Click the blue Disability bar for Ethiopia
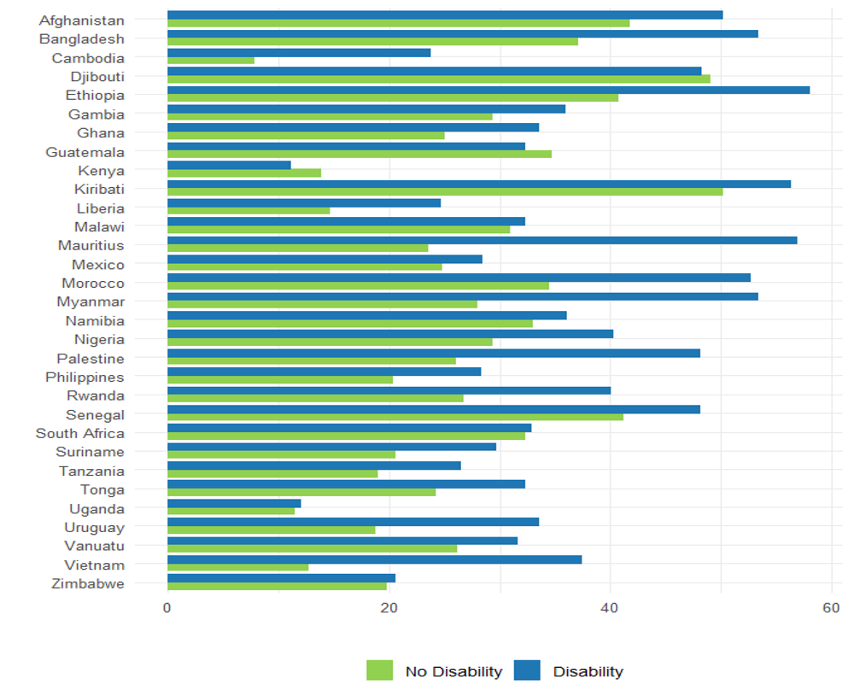coord(488,90)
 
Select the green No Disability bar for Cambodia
coord(210,61)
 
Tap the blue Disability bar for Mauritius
coord(482,240)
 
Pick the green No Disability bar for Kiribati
coord(444,192)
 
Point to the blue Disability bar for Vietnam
coord(374,559)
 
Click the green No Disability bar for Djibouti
coord(438,79)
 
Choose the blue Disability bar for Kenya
coord(229,165)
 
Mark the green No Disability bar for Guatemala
coord(359,155)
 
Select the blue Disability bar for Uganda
coord(234,503)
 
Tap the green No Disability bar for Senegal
coord(395,418)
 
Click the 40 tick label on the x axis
coord(610,607)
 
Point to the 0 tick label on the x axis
coord(167,607)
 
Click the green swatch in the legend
coord(379,670)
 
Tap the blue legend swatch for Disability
coord(528,670)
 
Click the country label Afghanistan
coord(81,20)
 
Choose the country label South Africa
coord(79,433)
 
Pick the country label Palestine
coord(90,359)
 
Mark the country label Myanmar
coord(91,302)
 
